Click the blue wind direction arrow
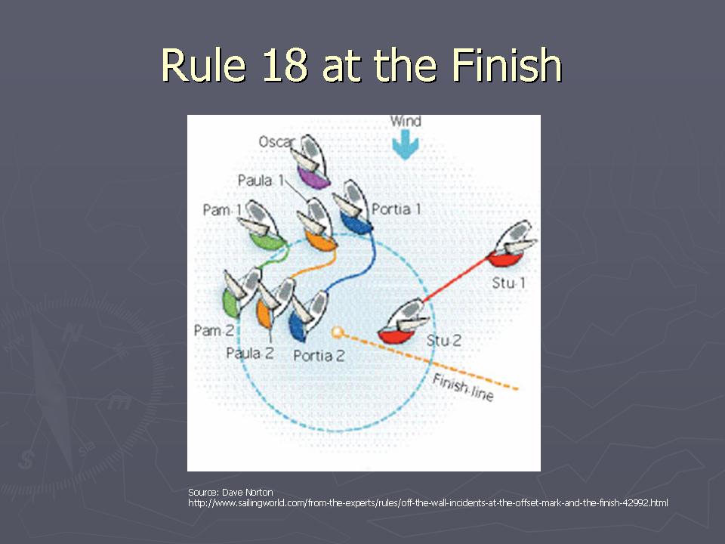click(x=406, y=144)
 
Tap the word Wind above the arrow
click(x=406, y=121)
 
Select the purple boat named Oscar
click(x=312, y=162)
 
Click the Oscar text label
click(x=276, y=141)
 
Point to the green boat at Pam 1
click(x=263, y=225)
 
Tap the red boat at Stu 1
click(x=511, y=244)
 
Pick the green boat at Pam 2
click(x=241, y=292)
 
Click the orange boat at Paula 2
click(x=275, y=303)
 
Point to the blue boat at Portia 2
click(x=308, y=316)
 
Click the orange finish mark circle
click(x=338, y=332)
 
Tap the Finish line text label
click(x=463, y=388)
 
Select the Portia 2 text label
click(x=319, y=356)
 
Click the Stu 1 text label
click(x=508, y=283)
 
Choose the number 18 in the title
click(x=285, y=65)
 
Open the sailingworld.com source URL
click(x=427, y=503)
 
